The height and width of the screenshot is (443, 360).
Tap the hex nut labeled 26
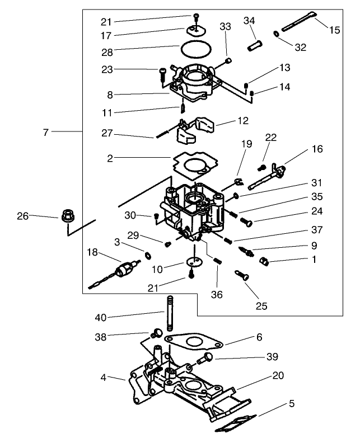67,214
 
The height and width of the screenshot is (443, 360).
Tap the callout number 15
334,31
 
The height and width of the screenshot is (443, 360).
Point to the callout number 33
225,26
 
